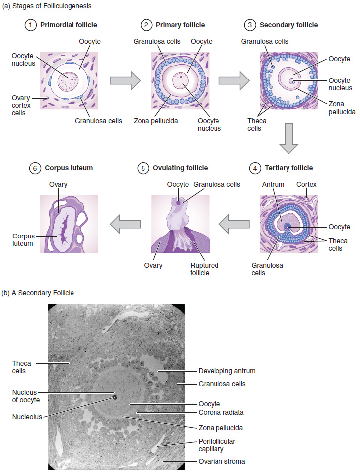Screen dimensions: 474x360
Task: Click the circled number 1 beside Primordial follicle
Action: click(x=32, y=25)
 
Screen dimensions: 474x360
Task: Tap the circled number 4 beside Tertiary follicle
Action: click(x=255, y=168)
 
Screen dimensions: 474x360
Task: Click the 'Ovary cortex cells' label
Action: click(x=21, y=105)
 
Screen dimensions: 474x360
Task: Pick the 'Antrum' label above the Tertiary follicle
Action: click(x=273, y=184)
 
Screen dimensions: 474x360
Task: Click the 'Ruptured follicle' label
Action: click(x=204, y=269)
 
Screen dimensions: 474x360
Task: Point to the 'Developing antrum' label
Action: click(x=227, y=371)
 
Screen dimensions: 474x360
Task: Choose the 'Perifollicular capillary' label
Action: click(x=216, y=445)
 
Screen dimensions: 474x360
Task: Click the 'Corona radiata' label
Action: click(x=221, y=412)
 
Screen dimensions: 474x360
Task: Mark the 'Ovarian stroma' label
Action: click(x=221, y=461)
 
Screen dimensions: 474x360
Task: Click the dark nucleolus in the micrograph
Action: click(x=115, y=397)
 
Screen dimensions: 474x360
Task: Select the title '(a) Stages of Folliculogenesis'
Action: click(x=47, y=6)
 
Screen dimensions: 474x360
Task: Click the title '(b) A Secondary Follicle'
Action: click(x=38, y=293)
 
